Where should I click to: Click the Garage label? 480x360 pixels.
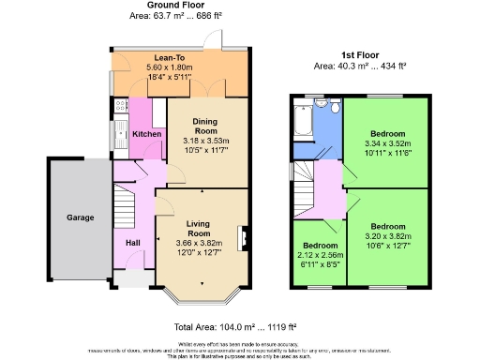point(80,217)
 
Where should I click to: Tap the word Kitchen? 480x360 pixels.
point(146,134)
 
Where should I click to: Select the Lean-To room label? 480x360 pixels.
point(169,57)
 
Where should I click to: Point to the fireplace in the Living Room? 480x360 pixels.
point(244,237)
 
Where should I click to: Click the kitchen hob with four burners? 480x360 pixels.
point(120,107)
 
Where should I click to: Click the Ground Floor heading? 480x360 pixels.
point(173,7)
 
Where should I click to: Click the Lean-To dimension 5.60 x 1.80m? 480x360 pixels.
point(169,67)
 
